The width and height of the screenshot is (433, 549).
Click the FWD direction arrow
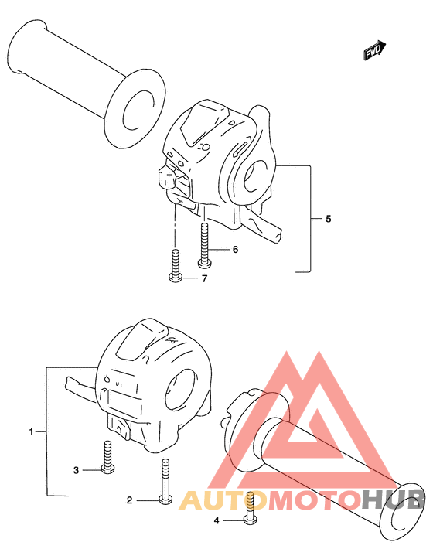(x=374, y=51)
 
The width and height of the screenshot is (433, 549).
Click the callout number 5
(x=328, y=219)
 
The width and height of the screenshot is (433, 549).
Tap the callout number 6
(x=235, y=249)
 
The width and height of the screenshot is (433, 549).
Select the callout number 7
(x=204, y=278)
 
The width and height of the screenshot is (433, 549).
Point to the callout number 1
(x=31, y=432)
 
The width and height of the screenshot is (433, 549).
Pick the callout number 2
(x=130, y=501)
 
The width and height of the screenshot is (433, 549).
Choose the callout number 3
(x=76, y=470)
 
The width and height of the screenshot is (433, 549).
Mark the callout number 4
(x=216, y=520)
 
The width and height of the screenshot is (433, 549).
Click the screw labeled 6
(x=204, y=246)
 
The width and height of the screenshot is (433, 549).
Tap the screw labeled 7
(x=176, y=265)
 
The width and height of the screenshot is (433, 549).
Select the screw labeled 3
(x=107, y=457)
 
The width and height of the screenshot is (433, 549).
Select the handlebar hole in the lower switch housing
(x=181, y=390)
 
